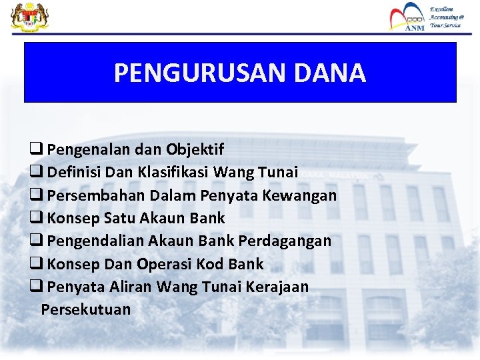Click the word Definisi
click(x=75, y=172)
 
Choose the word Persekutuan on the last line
click(x=86, y=309)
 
